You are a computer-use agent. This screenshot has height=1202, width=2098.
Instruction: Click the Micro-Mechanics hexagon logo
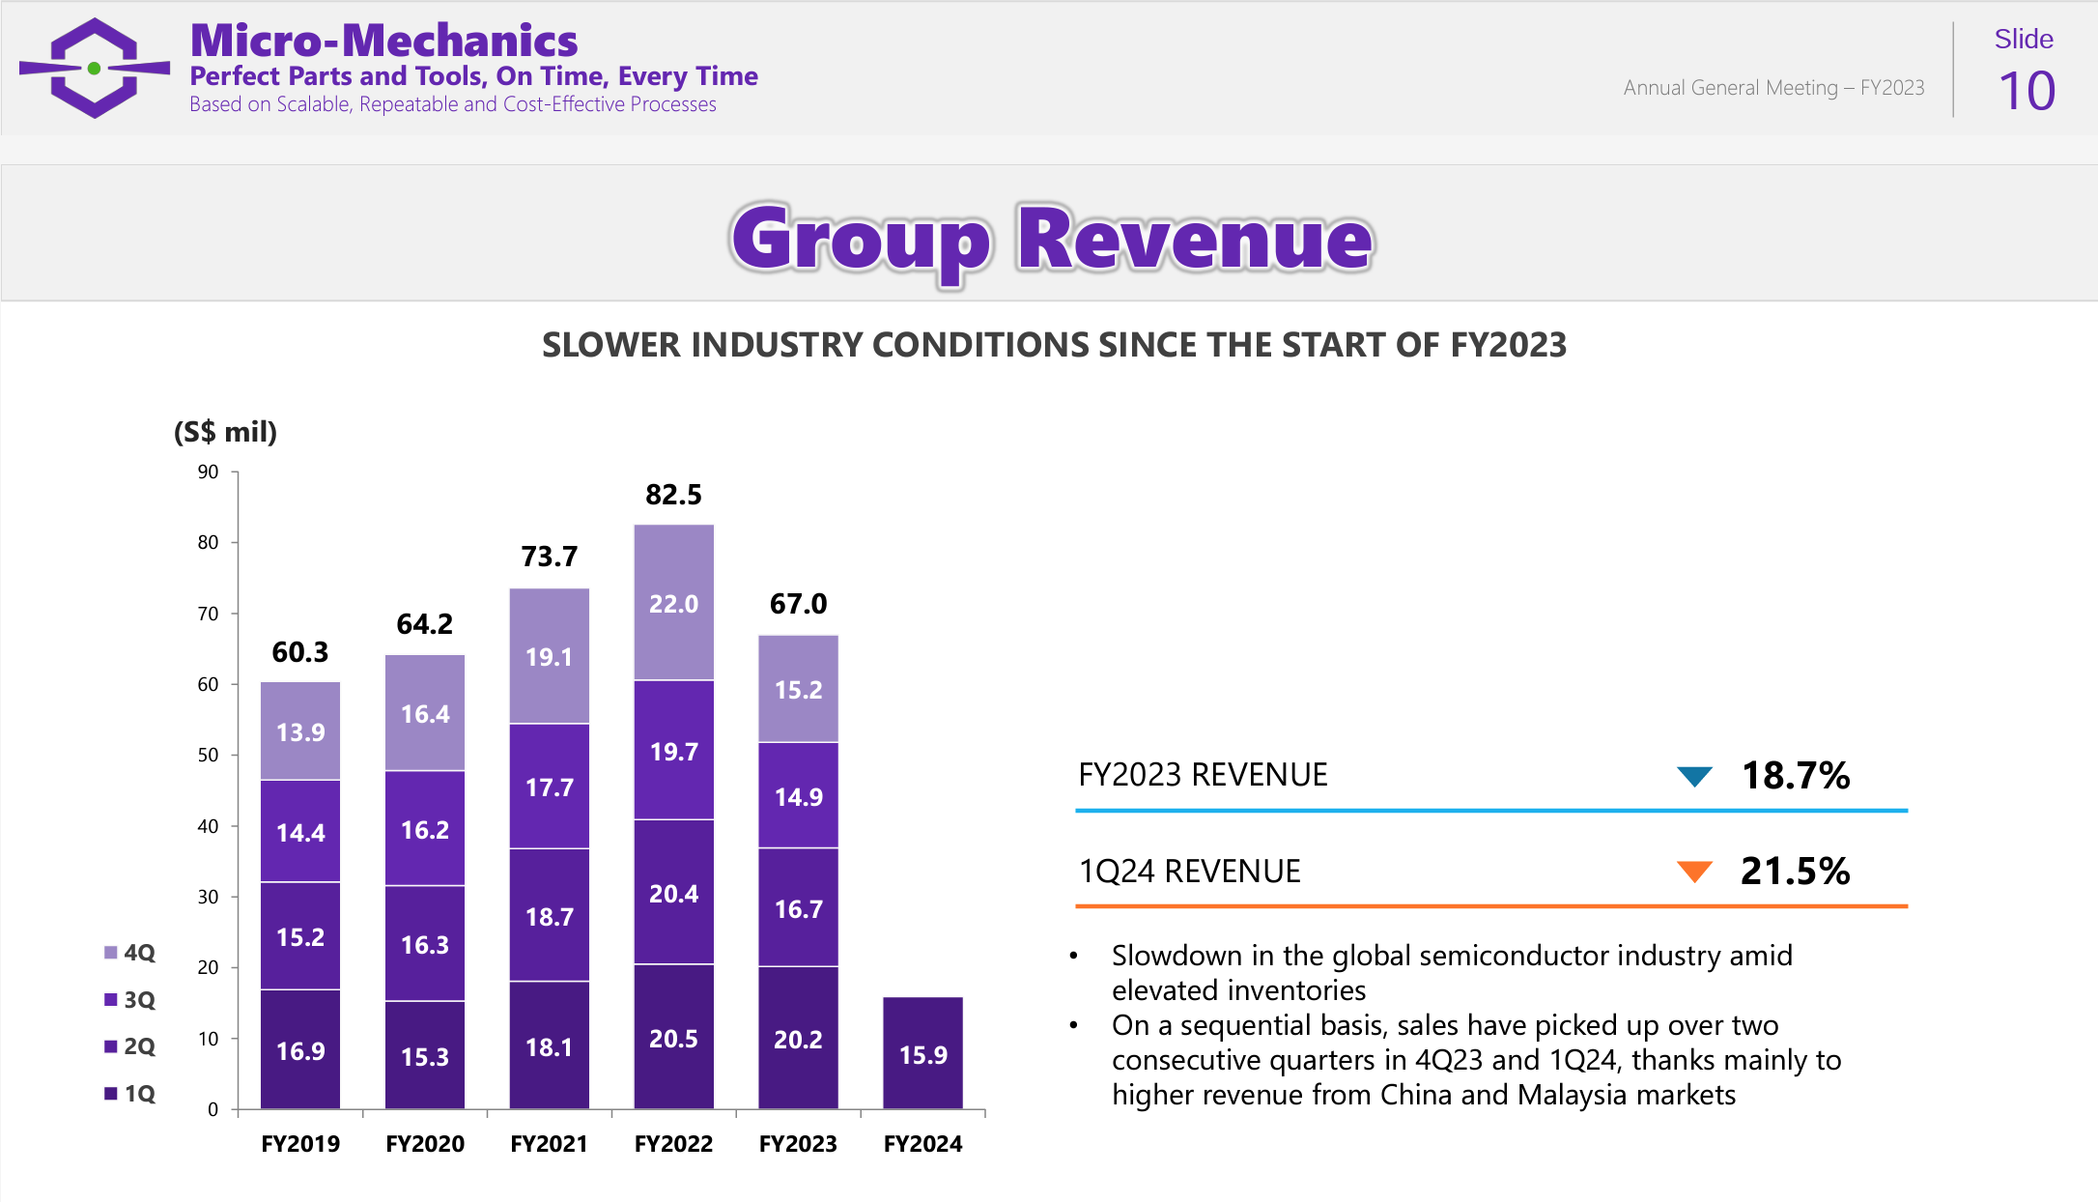click(95, 68)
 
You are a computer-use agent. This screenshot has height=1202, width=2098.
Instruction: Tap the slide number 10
click(2026, 92)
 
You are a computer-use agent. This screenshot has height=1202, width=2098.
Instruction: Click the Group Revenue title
click(1051, 239)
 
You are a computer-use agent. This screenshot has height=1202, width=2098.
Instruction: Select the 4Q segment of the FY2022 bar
click(673, 603)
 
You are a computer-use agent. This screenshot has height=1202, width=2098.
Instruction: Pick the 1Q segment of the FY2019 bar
click(300, 1049)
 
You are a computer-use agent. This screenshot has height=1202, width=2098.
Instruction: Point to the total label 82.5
click(673, 495)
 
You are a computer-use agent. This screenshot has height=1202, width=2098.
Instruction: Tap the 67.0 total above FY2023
click(798, 604)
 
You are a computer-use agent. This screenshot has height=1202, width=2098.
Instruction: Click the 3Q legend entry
click(130, 1000)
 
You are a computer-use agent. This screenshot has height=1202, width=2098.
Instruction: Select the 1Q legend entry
click(130, 1094)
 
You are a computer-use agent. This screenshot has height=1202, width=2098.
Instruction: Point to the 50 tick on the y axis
click(208, 755)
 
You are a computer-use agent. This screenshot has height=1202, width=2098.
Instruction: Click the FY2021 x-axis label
click(549, 1144)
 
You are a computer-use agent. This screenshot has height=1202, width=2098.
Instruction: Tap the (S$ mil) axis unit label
click(225, 432)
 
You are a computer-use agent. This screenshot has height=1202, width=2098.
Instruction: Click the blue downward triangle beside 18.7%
click(1694, 776)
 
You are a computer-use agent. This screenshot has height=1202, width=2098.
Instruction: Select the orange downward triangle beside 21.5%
click(1694, 872)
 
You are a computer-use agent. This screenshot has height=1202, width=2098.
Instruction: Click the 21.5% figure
click(1795, 872)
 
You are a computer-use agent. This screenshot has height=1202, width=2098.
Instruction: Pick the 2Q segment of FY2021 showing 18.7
click(549, 915)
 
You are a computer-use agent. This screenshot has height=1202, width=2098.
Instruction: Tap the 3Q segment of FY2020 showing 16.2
click(425, 829)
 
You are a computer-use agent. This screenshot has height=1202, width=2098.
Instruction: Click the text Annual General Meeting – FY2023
click(1773, 88)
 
